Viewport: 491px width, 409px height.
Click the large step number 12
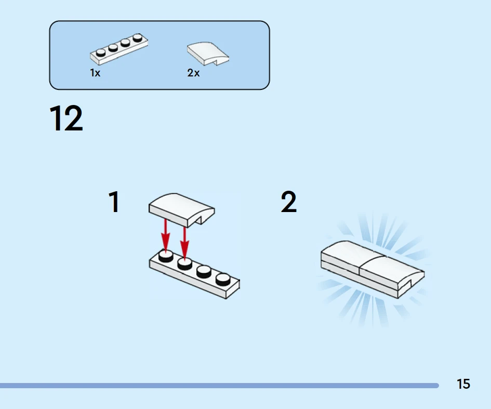pyautogui.click(x=66, y=118)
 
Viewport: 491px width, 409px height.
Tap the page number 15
pyautogui.click(x=463, y=384)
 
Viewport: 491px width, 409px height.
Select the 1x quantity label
pyautogui.click(x=95, y=73)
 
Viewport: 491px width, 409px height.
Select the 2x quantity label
pyautogui.click(x=193, y=73)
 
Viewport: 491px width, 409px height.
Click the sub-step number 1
pyautogui.click(x=114, y=202)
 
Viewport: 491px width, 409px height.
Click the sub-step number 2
pyautogui.click(x=289, y=202)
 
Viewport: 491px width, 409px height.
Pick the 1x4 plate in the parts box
pyautogui.click(x=119, y=49)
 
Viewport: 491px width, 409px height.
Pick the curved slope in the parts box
pyautogui.click(x=208, y=54)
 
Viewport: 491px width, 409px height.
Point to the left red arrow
pyautogui.click(x=166, y=235)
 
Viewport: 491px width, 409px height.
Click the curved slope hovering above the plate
pyautogui.click(x=182, y=210)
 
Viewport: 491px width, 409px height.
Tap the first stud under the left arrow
pyautogui.click(x=166, y=256)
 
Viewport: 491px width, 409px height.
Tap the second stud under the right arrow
pyautogui.click(x=185, y=263)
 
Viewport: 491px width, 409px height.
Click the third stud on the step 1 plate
pyautogui.click(x=204, y=271)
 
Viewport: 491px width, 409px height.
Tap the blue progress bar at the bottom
pyautogui.click(x=219, y=386)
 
